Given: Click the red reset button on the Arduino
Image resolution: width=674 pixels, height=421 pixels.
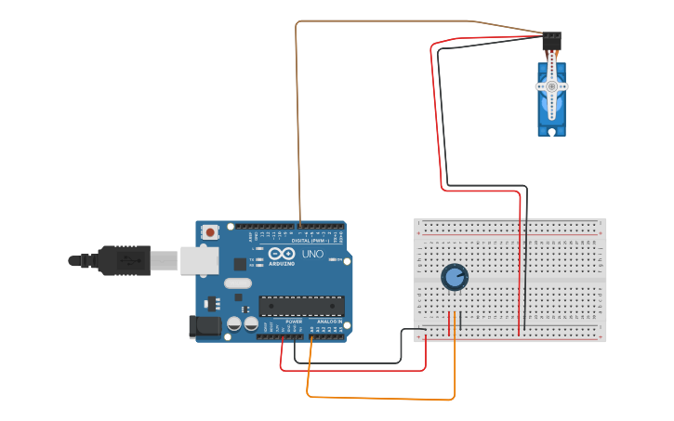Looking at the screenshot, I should (211, 231).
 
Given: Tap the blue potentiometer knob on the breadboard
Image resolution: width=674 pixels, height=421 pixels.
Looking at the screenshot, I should (455, 277).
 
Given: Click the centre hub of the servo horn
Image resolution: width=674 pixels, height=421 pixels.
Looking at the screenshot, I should (551, 86).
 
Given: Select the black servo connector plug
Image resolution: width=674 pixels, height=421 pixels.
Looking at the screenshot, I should (552, 39).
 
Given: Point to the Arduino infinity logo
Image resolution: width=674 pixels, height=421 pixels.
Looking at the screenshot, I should (283, 253).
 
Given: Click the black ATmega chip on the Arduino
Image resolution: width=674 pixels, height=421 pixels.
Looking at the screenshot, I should (301, 305).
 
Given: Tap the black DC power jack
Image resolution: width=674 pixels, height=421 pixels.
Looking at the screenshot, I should (204, 325).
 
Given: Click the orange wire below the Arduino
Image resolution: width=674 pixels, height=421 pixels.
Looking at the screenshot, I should (381, 399).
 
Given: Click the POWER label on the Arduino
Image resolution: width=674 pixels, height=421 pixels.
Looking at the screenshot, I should (294, 322).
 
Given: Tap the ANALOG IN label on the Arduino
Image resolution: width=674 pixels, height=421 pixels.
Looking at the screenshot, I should (329, 322).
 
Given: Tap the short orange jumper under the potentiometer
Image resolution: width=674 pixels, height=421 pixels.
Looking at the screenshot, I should (455, 323).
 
